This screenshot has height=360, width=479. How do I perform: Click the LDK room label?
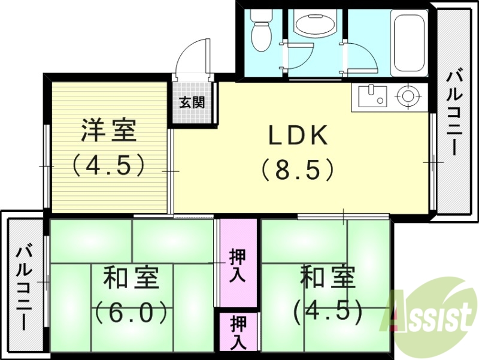coord(297,136)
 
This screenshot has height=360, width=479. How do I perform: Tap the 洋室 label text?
coord(109,130)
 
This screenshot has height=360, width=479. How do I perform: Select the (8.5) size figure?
coord(297,171)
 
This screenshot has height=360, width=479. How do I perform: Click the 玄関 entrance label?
coord(192,102)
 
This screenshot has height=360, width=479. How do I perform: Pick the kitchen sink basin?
coord(372,95)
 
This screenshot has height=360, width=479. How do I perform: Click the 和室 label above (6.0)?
coord(130,278)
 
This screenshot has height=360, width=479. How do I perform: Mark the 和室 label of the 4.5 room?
coord(328,277)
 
